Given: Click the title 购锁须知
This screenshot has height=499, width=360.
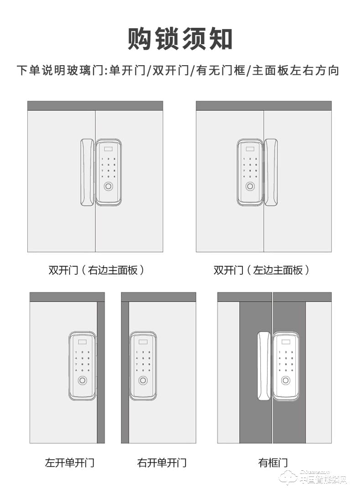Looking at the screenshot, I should click(x=180, y=39).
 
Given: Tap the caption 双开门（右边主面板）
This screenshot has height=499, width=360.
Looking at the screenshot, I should click(x=96, y=270).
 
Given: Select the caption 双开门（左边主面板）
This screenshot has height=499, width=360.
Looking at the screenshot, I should click(x=262, y=270).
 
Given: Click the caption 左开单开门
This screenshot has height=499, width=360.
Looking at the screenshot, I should click(x=69, y=463).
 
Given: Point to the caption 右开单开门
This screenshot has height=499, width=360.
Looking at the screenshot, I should click(x=162, y=463).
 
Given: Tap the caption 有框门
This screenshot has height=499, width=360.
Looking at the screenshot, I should click(x=273, y=463).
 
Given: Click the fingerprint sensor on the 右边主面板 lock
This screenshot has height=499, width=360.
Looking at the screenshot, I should click(x=108, y=187).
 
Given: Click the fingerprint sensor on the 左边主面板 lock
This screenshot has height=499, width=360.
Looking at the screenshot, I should click(x=250, y=187).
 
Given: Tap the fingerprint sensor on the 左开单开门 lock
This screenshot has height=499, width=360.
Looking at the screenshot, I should click(x=82, y=381).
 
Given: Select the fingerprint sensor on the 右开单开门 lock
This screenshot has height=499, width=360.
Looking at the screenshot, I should click(x=143, y=381).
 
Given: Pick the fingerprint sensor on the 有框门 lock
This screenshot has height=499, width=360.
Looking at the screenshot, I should click(x=286, y=381).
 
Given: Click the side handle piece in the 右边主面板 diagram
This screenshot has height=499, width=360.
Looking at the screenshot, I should click(x=87, y=172).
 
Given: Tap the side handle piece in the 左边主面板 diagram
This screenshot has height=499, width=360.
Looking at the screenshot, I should click(x=271, y=172).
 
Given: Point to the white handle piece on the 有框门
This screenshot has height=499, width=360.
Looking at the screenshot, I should click(x=263, y=365).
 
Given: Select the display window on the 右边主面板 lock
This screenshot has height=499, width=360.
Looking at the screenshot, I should click(x=108, y=148).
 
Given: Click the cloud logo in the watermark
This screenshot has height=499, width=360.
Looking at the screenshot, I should click(x=288, y=478).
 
